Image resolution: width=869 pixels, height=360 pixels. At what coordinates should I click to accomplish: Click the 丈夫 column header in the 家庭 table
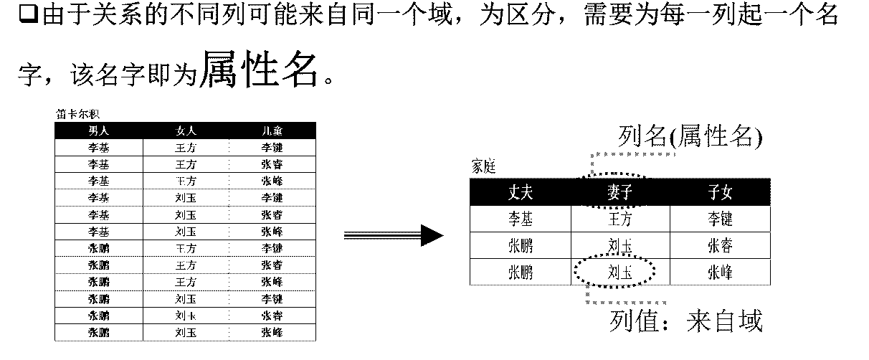tap(521, 192)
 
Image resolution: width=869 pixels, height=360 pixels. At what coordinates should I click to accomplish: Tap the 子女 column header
tap(719, 192)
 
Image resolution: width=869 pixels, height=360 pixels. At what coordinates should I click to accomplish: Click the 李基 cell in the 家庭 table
tap(521, 219)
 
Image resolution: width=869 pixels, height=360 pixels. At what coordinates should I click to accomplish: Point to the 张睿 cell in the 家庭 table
tap(719, 246)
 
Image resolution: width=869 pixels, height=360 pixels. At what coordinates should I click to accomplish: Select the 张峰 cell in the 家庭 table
tap(719, 273)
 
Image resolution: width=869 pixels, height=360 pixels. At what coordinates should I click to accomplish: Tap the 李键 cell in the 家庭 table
tap(719, 219)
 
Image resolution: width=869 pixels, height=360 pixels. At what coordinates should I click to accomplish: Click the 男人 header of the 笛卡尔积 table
tap(99, 131)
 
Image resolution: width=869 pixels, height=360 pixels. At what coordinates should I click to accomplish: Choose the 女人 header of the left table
tap(186, 131)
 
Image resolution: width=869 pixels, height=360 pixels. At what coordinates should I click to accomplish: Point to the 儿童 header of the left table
tap(272, 131)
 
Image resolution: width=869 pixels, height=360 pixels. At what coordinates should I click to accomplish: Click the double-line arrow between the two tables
tap(393, 235)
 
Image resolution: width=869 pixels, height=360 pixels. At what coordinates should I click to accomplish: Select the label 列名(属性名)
tap(689, 136)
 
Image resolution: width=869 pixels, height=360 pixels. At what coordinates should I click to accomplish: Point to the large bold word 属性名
tap(260, 70)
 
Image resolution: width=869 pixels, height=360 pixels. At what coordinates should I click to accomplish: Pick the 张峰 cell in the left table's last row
tap(272, 332)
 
